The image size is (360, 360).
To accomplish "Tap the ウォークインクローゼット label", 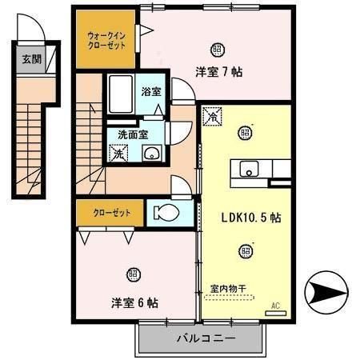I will click(x=106, y=40).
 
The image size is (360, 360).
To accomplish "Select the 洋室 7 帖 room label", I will click(x=218, y=71).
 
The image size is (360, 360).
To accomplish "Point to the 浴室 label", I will click(x=150, y=92).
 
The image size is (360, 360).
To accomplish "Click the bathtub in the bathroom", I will click(x=120, y=95).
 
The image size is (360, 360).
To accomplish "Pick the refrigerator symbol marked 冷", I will click(x=213, y=117).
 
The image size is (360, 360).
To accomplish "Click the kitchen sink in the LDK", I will click(x=250, y=168).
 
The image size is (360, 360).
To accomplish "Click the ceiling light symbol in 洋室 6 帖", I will click(x=134, y=272).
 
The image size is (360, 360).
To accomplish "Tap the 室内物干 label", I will click(x=227, y=288).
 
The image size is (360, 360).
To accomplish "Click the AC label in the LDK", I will click(x=275, y=305).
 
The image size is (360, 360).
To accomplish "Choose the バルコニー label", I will click(x=206, y=339).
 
